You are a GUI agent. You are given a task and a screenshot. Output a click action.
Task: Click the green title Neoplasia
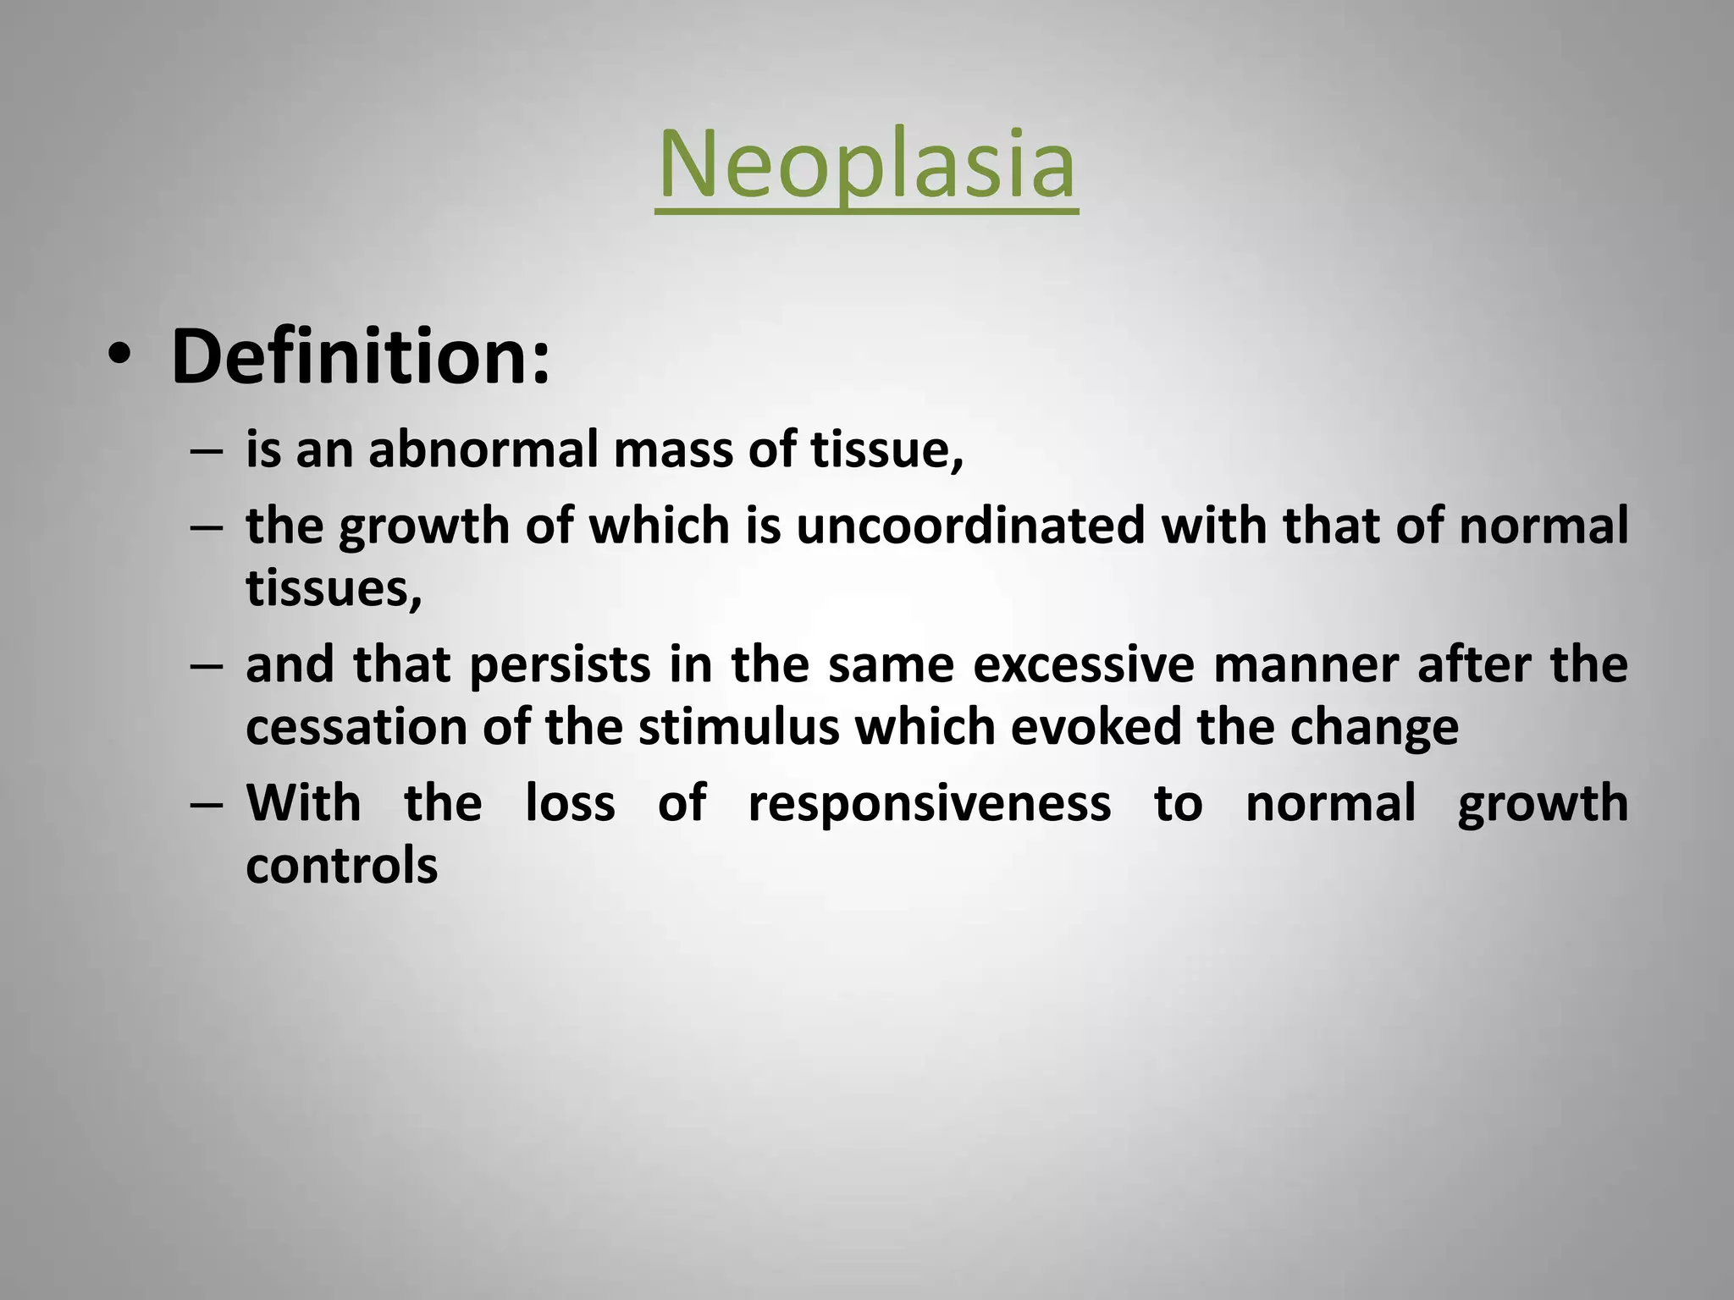pos(866,165)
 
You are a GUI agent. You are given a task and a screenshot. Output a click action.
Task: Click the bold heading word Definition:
pos(360,357)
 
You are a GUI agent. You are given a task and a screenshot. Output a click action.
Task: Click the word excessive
pos(1083,665)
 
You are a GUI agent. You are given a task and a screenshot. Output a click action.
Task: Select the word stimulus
pos(738,727)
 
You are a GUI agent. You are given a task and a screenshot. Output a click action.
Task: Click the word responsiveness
pos(929,803)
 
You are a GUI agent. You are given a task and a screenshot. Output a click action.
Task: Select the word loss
pos(570,803)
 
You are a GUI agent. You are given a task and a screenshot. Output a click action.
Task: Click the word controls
pos(341,866)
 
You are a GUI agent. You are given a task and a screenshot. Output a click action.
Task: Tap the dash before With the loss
pos(207,805)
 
